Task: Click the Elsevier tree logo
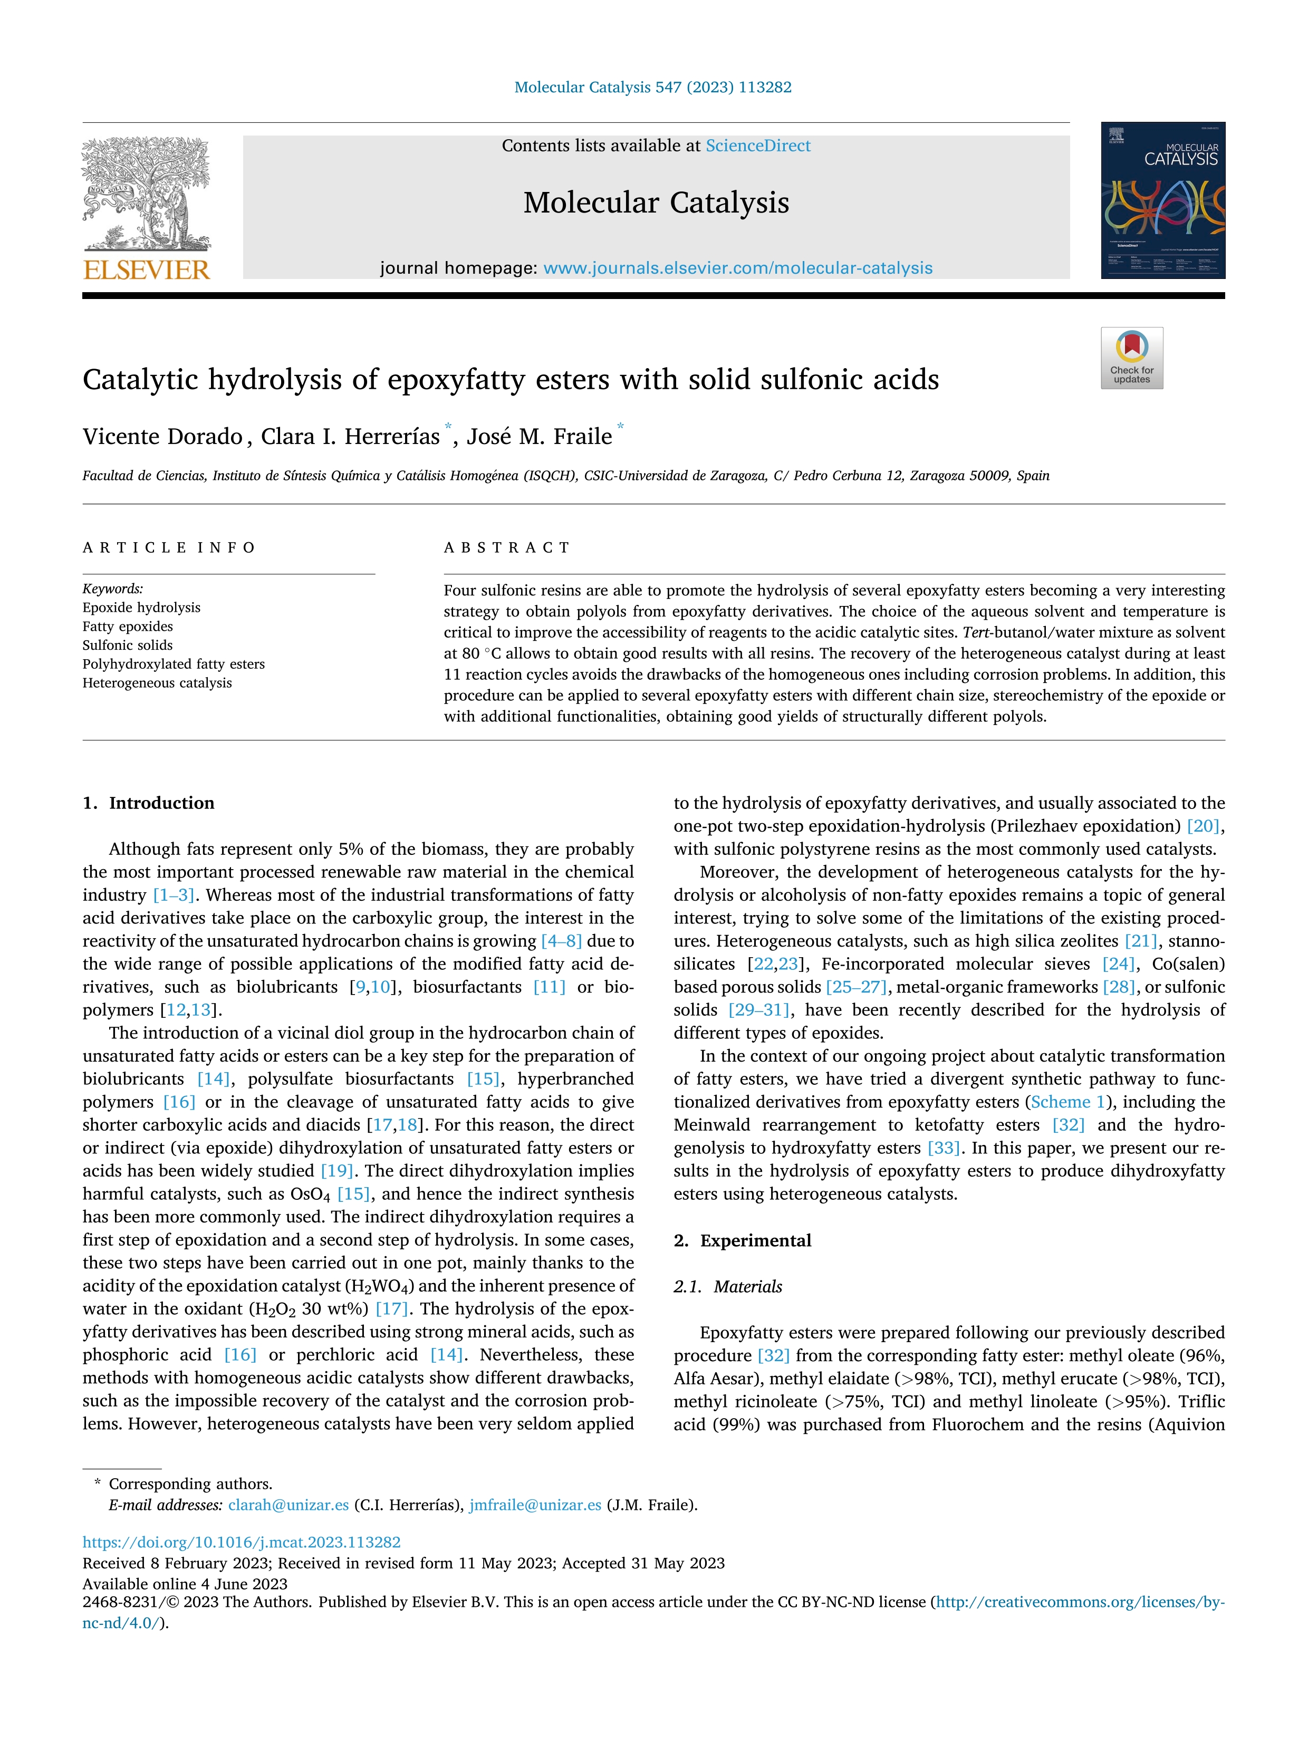point(147,194)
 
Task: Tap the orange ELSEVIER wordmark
point(147,271)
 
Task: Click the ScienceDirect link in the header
point(758,146)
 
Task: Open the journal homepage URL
point(738,268)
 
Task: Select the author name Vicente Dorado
point(162,437)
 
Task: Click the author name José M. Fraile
point(538,437)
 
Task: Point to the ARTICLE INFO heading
point(169,548)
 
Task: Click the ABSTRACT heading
point(507,548)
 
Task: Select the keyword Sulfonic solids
point(128,645)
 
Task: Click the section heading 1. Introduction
point(148,803)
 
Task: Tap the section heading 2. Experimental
point(742,1240)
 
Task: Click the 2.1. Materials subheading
point(728,1287)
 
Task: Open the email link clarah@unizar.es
point(288,1505)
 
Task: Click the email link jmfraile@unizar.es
point(535,1505)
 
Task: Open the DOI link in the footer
point(241,1542)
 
